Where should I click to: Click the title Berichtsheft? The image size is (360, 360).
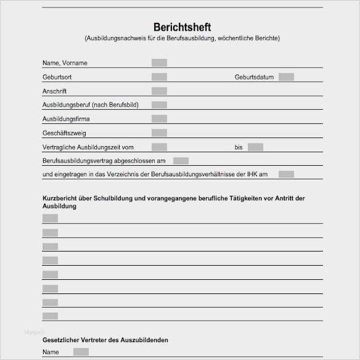[x=182, y=27]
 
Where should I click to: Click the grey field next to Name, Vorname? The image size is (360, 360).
[x=159, y=63]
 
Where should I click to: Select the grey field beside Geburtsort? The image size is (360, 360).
[x=159, y=77]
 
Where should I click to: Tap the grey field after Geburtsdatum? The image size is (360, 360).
[x=286, y=77]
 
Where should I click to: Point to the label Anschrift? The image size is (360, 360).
[x=54, y=91]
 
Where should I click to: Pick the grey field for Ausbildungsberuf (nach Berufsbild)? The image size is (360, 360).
[x=159, y=105]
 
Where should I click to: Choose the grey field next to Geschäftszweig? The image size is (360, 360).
[x=159, y=133]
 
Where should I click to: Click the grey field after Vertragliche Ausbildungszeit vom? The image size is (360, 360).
[x=159, y=147]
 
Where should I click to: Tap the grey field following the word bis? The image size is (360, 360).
[x=255, y=147]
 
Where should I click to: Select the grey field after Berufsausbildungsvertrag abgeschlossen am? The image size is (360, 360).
[x=181, y=161]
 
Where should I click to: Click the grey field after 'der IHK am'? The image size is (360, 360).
[x=286, y=174]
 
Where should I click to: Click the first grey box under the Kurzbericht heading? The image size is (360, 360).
[x=50, y=218]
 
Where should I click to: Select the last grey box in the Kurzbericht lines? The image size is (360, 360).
[x=50, y=316]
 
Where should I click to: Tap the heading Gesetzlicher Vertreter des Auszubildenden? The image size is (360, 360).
[x=105, y=340]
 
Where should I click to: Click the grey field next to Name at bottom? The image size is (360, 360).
[x=81, y=352]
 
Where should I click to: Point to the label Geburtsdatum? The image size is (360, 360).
[x=253, y=77]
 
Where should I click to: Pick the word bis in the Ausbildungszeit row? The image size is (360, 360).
[x=239, y=147]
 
